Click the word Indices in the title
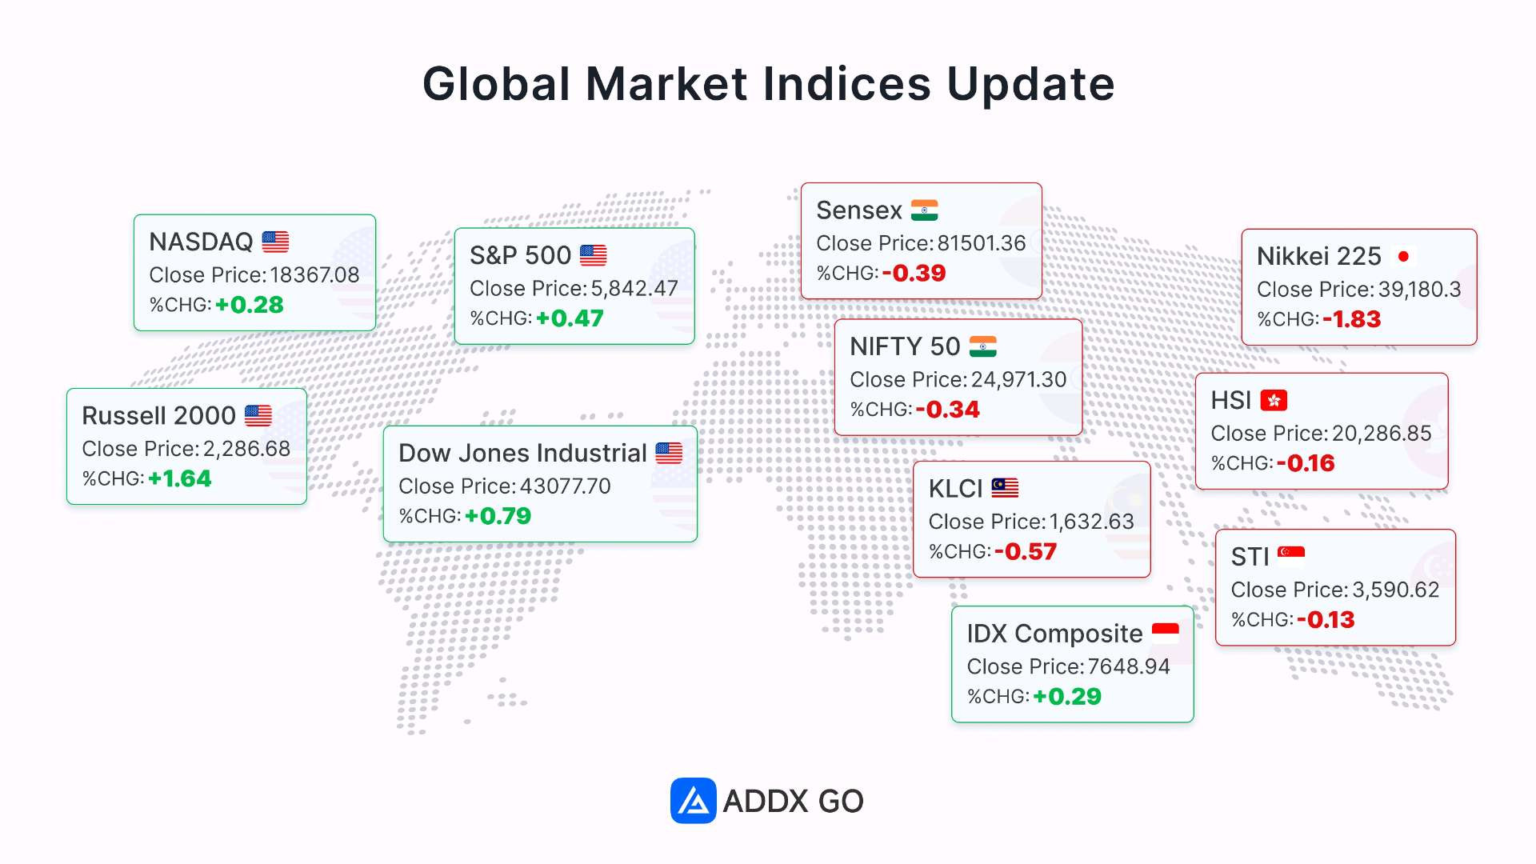847,84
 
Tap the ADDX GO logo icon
693,801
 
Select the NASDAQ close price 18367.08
315,275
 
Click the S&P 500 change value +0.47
570,318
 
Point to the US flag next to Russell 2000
258,416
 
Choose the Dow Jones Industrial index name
522,454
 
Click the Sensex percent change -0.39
914,274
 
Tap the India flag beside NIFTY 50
983,346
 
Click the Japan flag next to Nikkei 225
1403,256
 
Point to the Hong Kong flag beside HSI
1274,400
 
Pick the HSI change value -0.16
1306,463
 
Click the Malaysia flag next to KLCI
1005,488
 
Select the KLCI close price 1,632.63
1092,522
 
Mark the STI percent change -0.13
1326,620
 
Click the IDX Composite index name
1054,634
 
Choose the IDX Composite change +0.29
1067,697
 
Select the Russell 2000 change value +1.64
179,478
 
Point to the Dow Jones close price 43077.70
566,486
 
